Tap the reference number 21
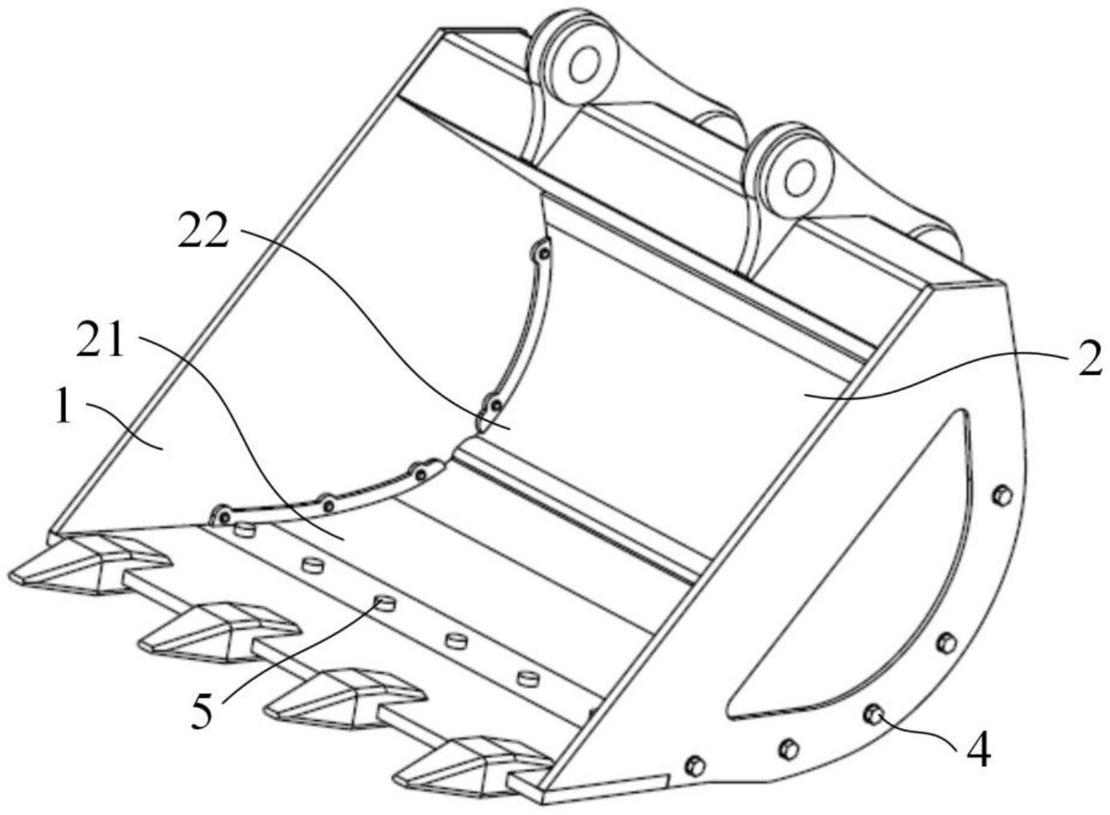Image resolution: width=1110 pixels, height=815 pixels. (100, 341)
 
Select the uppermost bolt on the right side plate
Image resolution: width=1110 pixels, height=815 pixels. (1002, 495)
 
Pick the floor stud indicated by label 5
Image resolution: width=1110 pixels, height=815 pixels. (385, 603)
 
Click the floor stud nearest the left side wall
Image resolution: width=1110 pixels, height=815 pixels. (244, 531)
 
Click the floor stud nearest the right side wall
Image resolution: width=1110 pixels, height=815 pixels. (527, 678)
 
